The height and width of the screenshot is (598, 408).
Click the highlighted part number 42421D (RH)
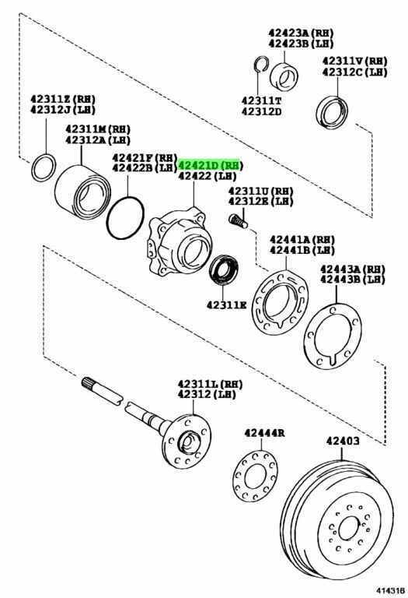coord(211,166)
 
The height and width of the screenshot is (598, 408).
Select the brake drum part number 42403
coord(342,441)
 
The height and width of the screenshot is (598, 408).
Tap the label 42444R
coord(264,433)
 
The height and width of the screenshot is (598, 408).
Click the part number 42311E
coord(227,304)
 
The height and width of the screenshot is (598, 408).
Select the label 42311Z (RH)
coord(61,99)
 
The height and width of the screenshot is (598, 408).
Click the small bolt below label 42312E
coord(239,221)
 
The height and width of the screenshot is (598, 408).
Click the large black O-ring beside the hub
coord(125,218)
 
